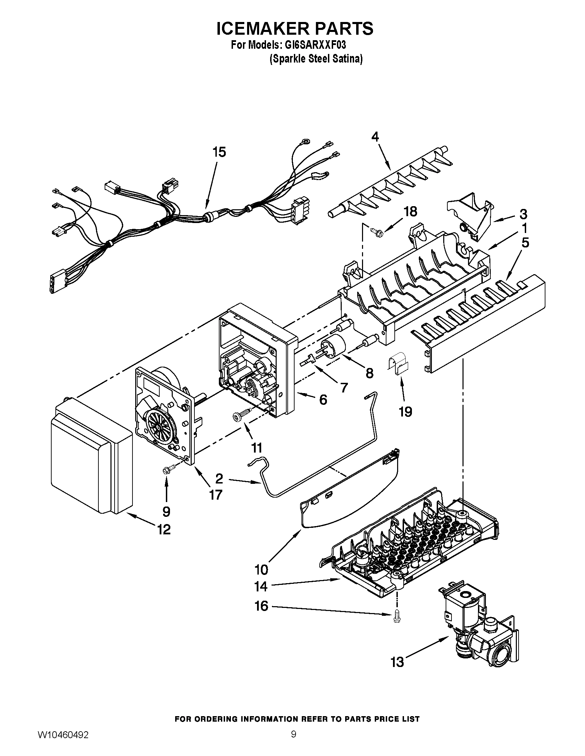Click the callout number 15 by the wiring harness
point(219,152)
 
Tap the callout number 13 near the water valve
point(397,662)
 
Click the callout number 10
point(261,569)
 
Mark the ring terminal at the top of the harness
point(306,141)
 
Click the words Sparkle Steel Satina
point(316,59)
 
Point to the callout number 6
point(323,400)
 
